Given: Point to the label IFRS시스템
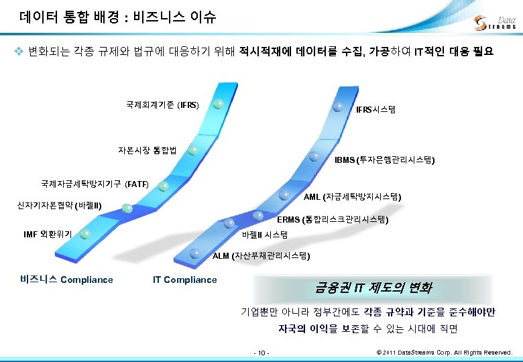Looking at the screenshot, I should [x=375, y=109].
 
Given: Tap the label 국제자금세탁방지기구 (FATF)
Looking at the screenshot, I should [x=95, y=183].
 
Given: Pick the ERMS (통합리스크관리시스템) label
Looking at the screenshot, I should [x=332, y=219].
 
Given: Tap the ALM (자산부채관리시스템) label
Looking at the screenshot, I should [x=261, y=255].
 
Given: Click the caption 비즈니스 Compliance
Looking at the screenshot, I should [x=66, y=280].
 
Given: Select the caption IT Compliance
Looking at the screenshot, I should [x=184, y=280].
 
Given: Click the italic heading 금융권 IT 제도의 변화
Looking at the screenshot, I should [x=373, y=288].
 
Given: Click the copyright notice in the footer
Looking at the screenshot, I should [x=445, y=352].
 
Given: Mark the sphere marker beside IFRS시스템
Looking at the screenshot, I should [x=339, y=106].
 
